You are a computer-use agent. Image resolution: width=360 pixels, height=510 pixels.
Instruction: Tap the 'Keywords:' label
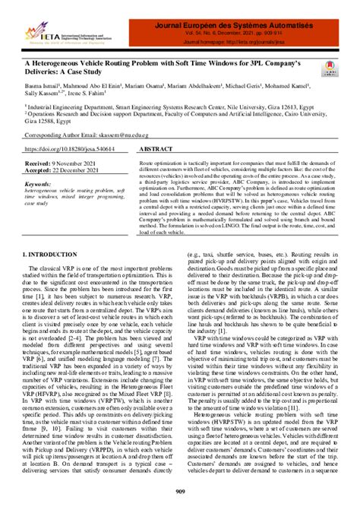39,185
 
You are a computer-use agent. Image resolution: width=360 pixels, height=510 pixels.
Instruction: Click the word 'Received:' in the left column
39,163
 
